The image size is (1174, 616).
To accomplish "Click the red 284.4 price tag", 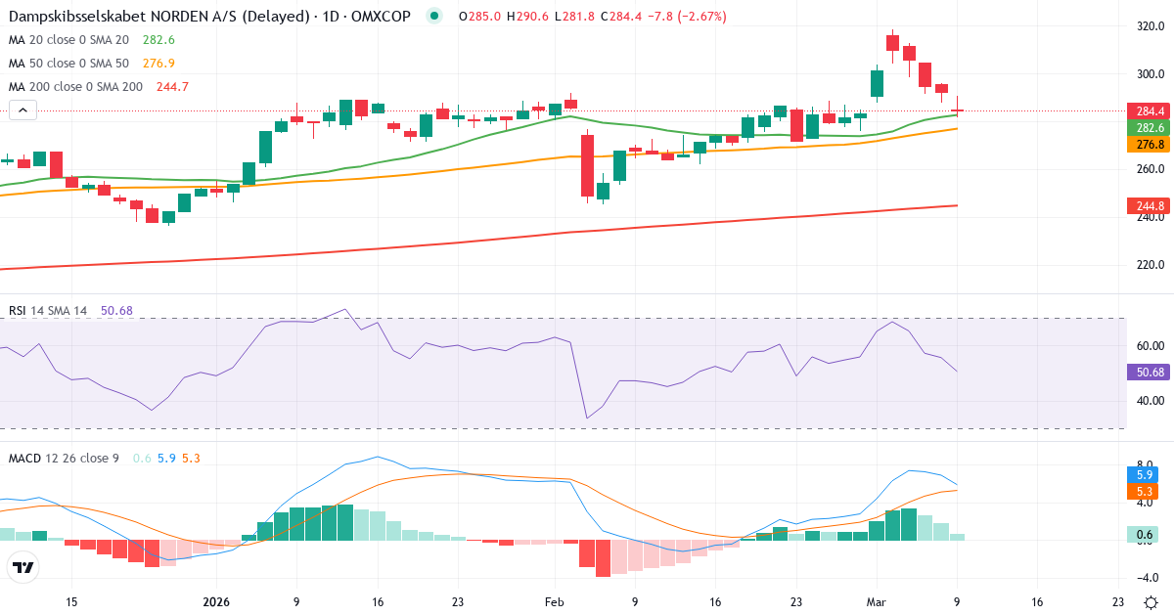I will (1147, 110).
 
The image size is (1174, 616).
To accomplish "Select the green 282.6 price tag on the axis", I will (1147, 128).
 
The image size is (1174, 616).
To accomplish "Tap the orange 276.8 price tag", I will (1147, 145).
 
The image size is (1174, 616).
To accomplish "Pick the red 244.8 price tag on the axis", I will (1147, 205).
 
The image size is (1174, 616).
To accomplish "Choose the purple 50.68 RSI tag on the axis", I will (1147, 373).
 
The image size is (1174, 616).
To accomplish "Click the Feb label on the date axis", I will (555, 602).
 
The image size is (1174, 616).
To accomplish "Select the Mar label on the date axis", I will (877, 602).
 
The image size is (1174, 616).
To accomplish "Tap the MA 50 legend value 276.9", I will (158, 63).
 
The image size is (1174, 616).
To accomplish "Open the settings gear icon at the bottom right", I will (1152, 602).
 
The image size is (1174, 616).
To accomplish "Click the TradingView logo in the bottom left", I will (23, 567).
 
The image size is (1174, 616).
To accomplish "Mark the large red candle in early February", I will (588, 166).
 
